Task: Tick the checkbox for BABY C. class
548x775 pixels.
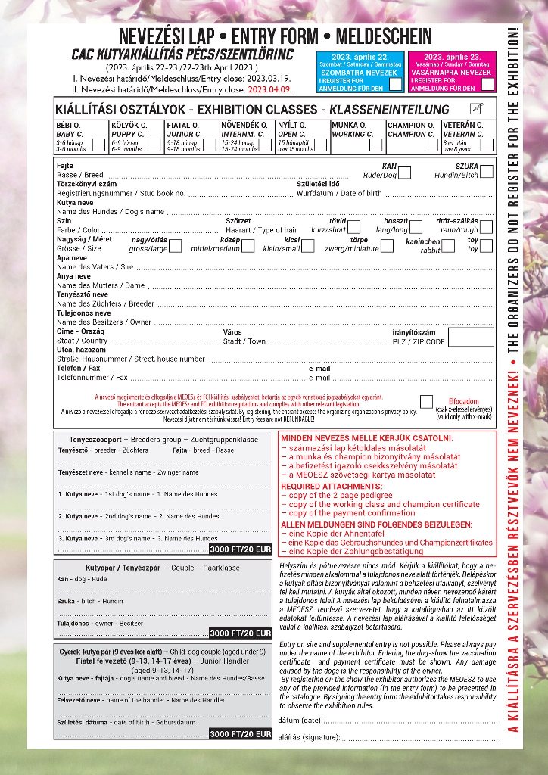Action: coord(98,144)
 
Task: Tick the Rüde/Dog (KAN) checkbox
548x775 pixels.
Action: coord(404,172)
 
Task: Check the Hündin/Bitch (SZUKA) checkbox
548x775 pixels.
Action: coord(486,172)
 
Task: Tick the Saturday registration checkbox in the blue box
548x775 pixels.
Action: coord(395,84)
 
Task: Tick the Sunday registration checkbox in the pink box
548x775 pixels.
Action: coord(487,84)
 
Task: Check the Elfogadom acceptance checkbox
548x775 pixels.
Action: coord(427,401)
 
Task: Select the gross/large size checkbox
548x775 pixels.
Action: coord(176,245)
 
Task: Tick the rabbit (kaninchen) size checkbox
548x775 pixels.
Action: coord(448,245)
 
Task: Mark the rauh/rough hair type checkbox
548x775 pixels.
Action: coord(486,226)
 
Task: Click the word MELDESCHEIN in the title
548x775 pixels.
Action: coord(386,36)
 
